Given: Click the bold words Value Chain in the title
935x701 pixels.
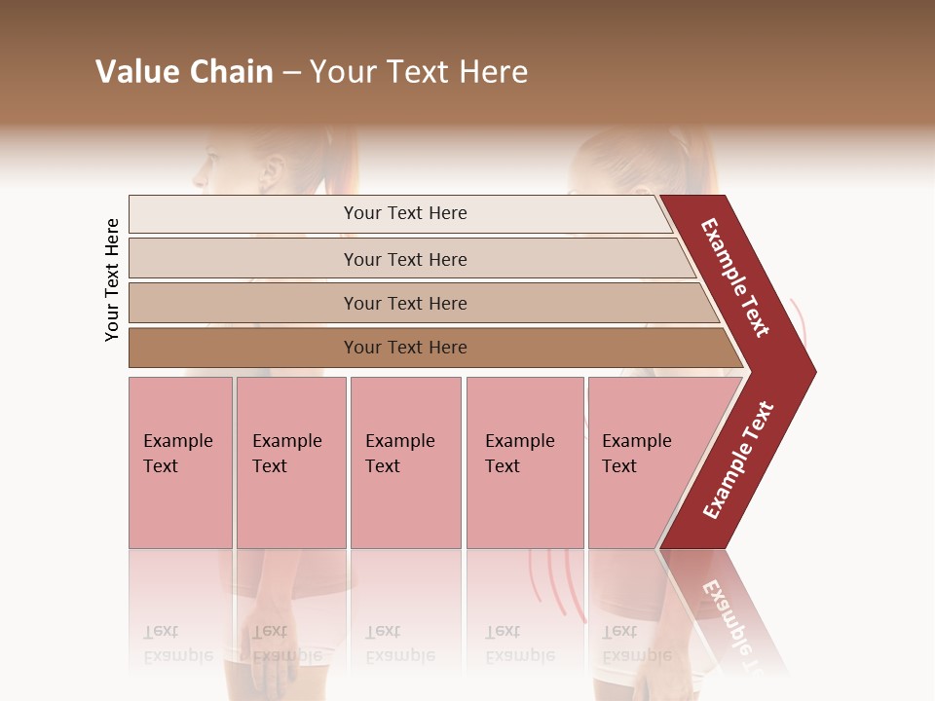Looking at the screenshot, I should (184, 72).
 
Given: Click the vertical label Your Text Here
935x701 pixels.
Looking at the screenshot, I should (112, 279).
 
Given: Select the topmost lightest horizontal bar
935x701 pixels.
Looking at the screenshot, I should (243, 214).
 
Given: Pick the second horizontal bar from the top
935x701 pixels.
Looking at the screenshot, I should (243, 259).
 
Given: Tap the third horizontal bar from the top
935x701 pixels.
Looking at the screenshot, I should (243, 303).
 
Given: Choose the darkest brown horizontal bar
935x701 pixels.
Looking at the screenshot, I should (243, 348).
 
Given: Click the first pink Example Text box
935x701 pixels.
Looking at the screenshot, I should (180, 462).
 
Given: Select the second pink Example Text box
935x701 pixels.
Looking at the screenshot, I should (291, 462).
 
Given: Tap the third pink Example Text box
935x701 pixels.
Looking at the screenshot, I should (405, 462).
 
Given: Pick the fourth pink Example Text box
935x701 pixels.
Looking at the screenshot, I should (525, 462).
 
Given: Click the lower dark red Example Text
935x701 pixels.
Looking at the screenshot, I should (738, 460).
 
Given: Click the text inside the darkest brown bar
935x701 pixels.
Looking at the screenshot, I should (405, 348).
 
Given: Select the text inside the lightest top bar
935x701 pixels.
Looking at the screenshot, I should (405, 213).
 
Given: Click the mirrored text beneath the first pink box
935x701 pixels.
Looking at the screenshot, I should (177, 644).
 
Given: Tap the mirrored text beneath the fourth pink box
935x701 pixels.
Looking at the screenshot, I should (519, 644).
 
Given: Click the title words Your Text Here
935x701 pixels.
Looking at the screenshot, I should (419, 72).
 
